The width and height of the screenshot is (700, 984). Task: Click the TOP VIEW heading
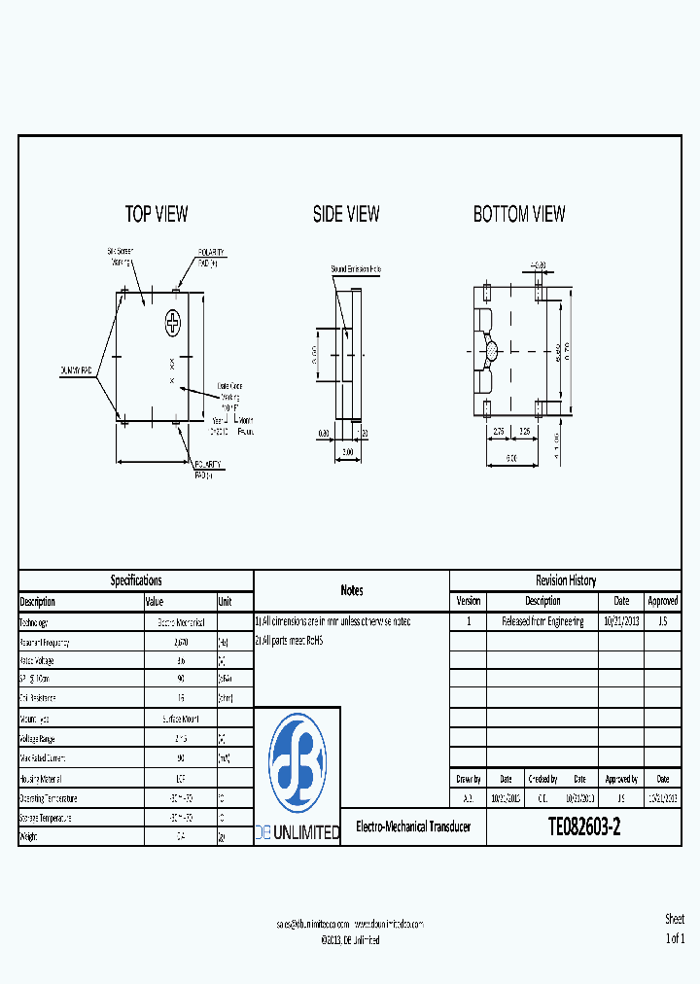(x=157, y=214)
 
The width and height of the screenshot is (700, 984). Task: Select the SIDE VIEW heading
(x=346, y=214)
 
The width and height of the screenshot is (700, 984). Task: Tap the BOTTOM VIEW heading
(x=519, y=214)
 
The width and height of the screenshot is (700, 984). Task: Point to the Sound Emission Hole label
(x=356, y=268)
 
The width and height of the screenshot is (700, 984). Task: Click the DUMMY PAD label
(x=76, y=370)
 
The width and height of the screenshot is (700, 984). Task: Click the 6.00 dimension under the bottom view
(x=511, y=457)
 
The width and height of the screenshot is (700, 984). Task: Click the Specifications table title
(x=136, y=580)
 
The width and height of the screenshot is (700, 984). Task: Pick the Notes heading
(x=351, y=590)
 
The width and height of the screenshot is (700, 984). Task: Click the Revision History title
(x=565, y=580)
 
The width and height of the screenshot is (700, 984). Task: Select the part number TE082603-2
(x=583, y=827)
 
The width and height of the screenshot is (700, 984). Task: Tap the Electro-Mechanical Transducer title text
(x=413, y=827)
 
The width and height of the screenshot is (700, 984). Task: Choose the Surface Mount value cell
(x=180, y=720)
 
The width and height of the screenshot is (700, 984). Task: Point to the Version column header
(x=469, y=601)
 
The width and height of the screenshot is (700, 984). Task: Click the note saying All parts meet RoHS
(x=289, y=641)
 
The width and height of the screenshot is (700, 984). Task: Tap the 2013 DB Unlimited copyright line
(x=350, y=940)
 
